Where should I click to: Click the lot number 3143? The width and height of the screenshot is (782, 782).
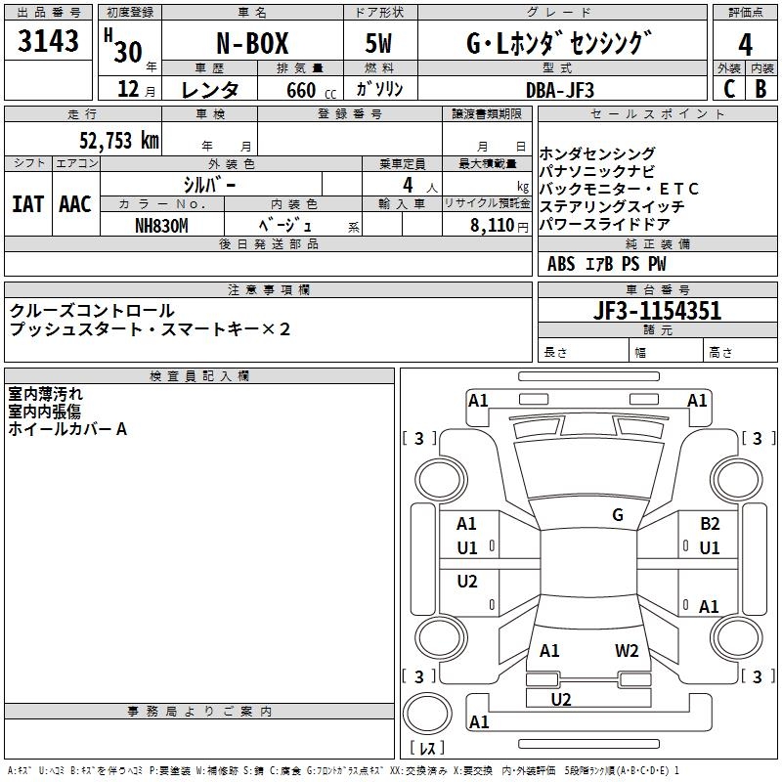pos(49,42)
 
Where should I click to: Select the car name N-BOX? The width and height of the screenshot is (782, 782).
pos(250,44)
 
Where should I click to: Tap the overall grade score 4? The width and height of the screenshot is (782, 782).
pos(745,44)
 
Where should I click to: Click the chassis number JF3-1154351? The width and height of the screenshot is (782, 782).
pos(658,312)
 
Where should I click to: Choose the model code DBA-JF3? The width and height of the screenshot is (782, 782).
pos(559,89)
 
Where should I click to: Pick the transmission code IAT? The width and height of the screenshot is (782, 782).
pos(27,204)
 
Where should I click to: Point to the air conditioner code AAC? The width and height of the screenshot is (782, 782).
pos(75,204)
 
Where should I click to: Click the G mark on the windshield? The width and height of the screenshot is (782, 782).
pos(618,515)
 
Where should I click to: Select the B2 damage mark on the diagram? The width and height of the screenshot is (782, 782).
pos(710,524)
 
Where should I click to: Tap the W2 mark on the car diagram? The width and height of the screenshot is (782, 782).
pos(627,650)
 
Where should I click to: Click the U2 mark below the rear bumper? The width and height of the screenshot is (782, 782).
pos(561,699)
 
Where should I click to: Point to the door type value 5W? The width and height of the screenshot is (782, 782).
pos(380,44)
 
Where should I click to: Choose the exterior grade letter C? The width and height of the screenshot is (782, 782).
pos(728,89)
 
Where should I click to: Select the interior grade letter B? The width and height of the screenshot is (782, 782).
pos(760,89)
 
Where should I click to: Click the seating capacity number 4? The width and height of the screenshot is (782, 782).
pos(406,184)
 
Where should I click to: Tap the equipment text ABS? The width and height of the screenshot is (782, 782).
pos(561,264)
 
